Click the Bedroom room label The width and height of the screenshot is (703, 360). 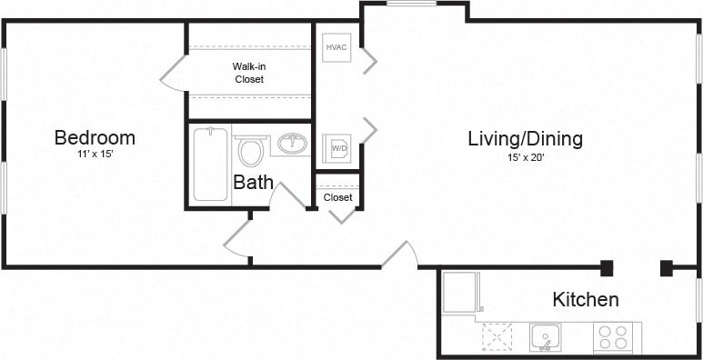tap(95, 138)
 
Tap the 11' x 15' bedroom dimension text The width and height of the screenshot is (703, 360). tap(95, 155)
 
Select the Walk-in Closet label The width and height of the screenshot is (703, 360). tap(248, 73)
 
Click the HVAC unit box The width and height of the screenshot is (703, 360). tap(336, 47)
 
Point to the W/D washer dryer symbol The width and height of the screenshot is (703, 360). tap(337, 148)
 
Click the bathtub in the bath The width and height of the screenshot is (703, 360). tap(210, 164)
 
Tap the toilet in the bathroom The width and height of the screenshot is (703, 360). tap(249, 149)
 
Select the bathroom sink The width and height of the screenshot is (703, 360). tap(292, 144)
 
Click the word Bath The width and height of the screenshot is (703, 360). tap(253, 182)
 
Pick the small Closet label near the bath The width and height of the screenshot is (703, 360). tap(337, 197)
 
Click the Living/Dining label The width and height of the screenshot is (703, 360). tap(525, 139)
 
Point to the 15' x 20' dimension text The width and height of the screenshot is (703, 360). tap(525, 156)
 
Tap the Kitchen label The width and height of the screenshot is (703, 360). tap(586, 299)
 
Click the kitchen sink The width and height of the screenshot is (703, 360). tap(546, 337)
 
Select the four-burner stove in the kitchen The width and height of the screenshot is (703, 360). tap(612, 337)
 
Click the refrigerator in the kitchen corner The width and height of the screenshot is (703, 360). tap(458, 292)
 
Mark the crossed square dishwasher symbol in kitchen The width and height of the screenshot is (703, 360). tap(497, 337)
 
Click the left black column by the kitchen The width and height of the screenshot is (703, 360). tap(607, 267)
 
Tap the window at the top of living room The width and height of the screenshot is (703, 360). tap(411, 4)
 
